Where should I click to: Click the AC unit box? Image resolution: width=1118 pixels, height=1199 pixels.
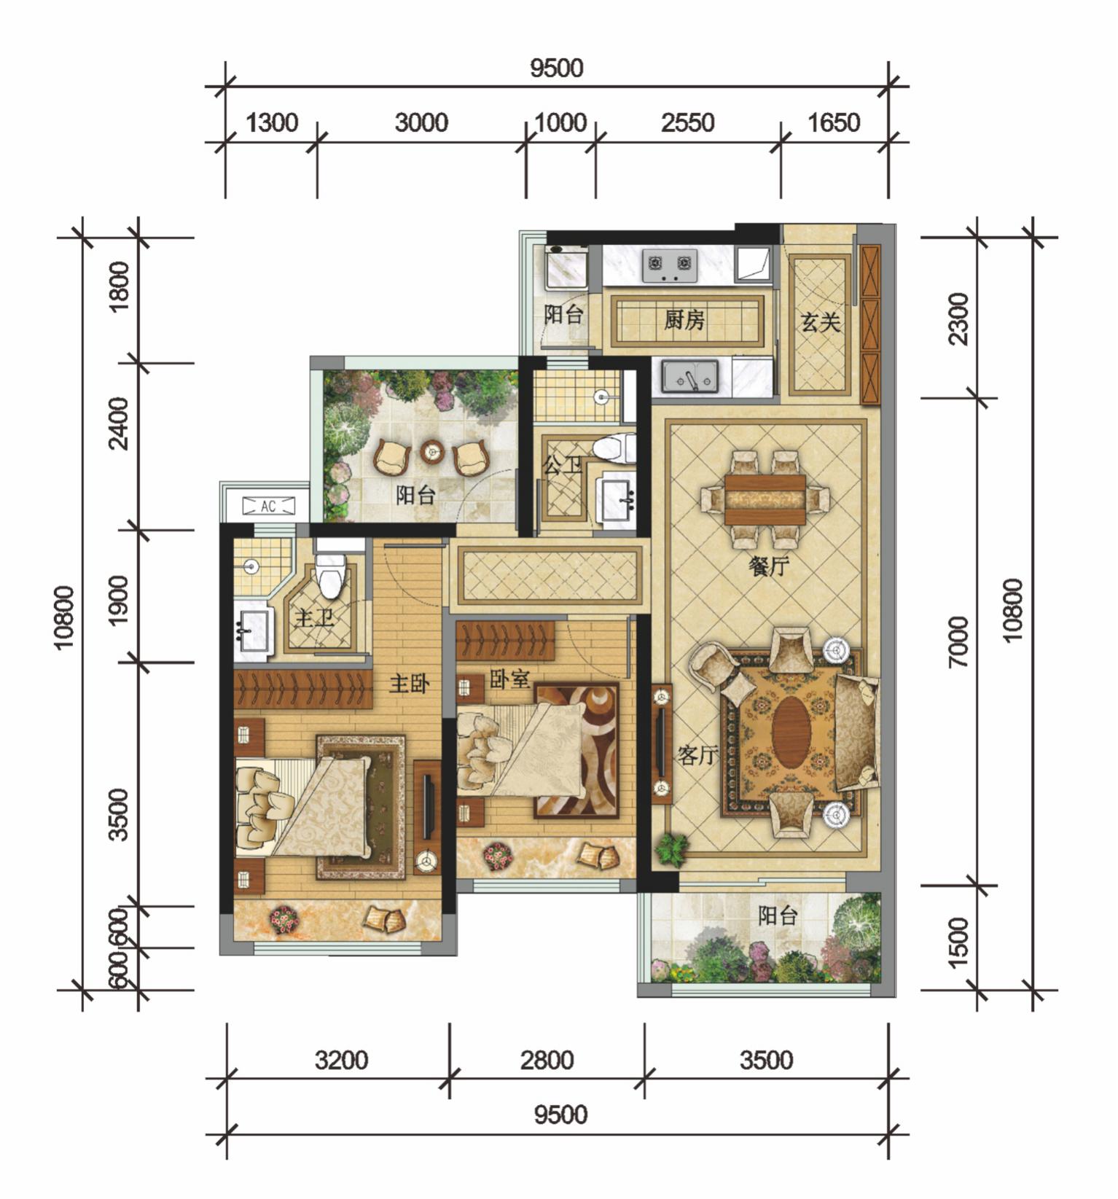pos(268,506)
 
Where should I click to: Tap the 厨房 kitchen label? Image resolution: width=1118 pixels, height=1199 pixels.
pos(684,319)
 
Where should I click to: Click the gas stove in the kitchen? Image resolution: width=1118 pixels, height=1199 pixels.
pos(670,265)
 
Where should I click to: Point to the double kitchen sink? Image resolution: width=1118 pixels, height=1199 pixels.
pos(689,376)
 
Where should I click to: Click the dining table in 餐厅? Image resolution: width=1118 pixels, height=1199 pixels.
pos(765,499)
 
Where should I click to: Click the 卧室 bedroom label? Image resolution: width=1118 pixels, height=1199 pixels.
pos(509,679)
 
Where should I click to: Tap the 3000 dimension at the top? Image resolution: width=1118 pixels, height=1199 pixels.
pos(421,122)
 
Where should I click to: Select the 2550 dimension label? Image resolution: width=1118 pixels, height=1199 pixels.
pos(687,122)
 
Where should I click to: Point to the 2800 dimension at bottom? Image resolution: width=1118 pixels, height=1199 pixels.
pos(547,1060)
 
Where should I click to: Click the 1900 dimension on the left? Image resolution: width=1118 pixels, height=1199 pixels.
pos(118,600)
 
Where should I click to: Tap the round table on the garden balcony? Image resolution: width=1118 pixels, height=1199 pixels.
pos(433,453)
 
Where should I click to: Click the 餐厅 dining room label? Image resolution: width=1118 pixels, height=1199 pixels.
pos(769,566)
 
